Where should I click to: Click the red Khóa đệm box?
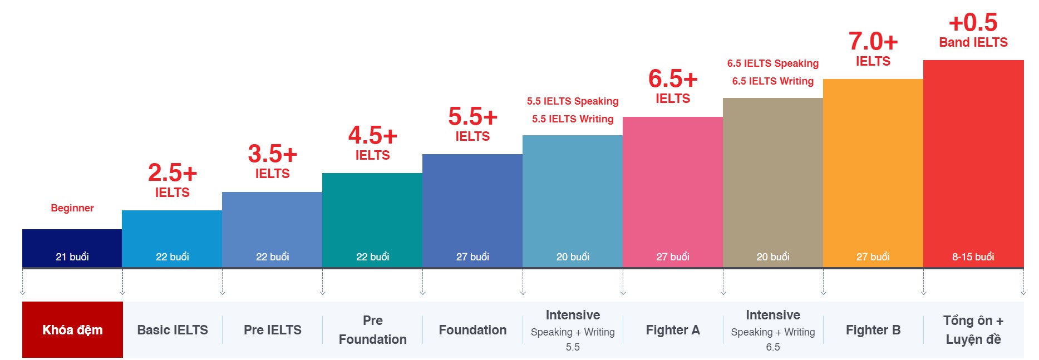[x=72, y=329]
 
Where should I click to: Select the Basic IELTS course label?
[x=173, y=330]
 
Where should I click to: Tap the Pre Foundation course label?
[x=372, y=330]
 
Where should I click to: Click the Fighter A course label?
[x=673, y=330]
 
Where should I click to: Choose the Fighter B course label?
[x=873, y=330]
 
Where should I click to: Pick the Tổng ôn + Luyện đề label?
[x=973, y=330]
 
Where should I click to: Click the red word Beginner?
[x=72, y=208]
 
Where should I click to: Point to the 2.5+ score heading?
[x=173, y=173]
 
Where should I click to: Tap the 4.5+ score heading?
[x=372, y=136]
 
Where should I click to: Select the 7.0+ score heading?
[x=873, y=42]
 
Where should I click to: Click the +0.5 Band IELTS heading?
[x=973, y=31]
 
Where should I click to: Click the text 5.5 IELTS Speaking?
[x=573, y=101]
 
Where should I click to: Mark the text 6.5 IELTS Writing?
[x=772, y=81]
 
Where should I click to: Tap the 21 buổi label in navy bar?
[x=72, y=257]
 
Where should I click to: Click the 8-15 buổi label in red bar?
[x=973, y=257]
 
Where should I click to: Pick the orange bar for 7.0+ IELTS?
[x=873, y=167]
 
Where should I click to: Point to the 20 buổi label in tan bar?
[x=772, y=257]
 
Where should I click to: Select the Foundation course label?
[x=472, y=330]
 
